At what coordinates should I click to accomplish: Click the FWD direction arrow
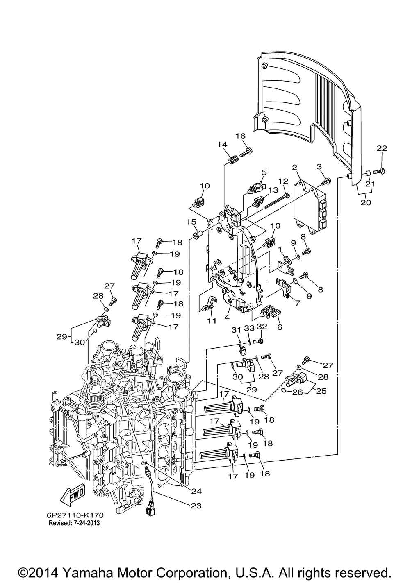pyautogui.click(x=72, y=494)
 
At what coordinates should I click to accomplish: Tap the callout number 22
pyautogui.click(x=382, y=148)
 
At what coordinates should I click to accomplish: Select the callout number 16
pyautogui.click(x=241, y=136)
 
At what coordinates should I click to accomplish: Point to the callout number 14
pyautogui.click(x=222, y=144)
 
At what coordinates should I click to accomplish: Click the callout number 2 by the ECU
pyautogui.click(x=295, y=167)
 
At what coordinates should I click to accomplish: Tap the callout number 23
pyautogui.click(x=196, y=506)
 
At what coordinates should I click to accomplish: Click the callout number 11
pyautogui.click(x=212, y=321)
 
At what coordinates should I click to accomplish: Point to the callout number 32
pyautogui.click(x=262, y=327)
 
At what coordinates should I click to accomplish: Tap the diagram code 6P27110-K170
pyautogui.click(x=75, y=515)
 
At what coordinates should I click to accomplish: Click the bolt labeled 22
pyautogui.click(x=379, y=172)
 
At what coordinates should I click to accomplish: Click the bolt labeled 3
pyautogui.click(x=326, y=181)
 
